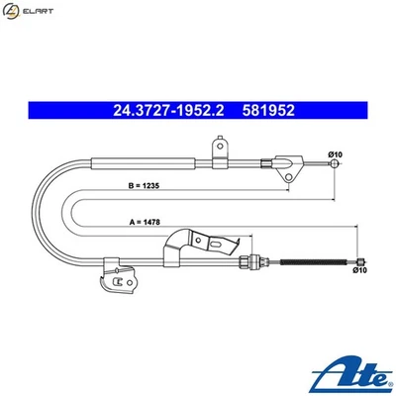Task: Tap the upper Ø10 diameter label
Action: [x=335, y=154]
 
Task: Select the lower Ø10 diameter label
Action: [x=361, y=269]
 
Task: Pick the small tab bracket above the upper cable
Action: [x=219, y=148]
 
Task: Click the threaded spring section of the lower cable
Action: [x=313, y=261]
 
